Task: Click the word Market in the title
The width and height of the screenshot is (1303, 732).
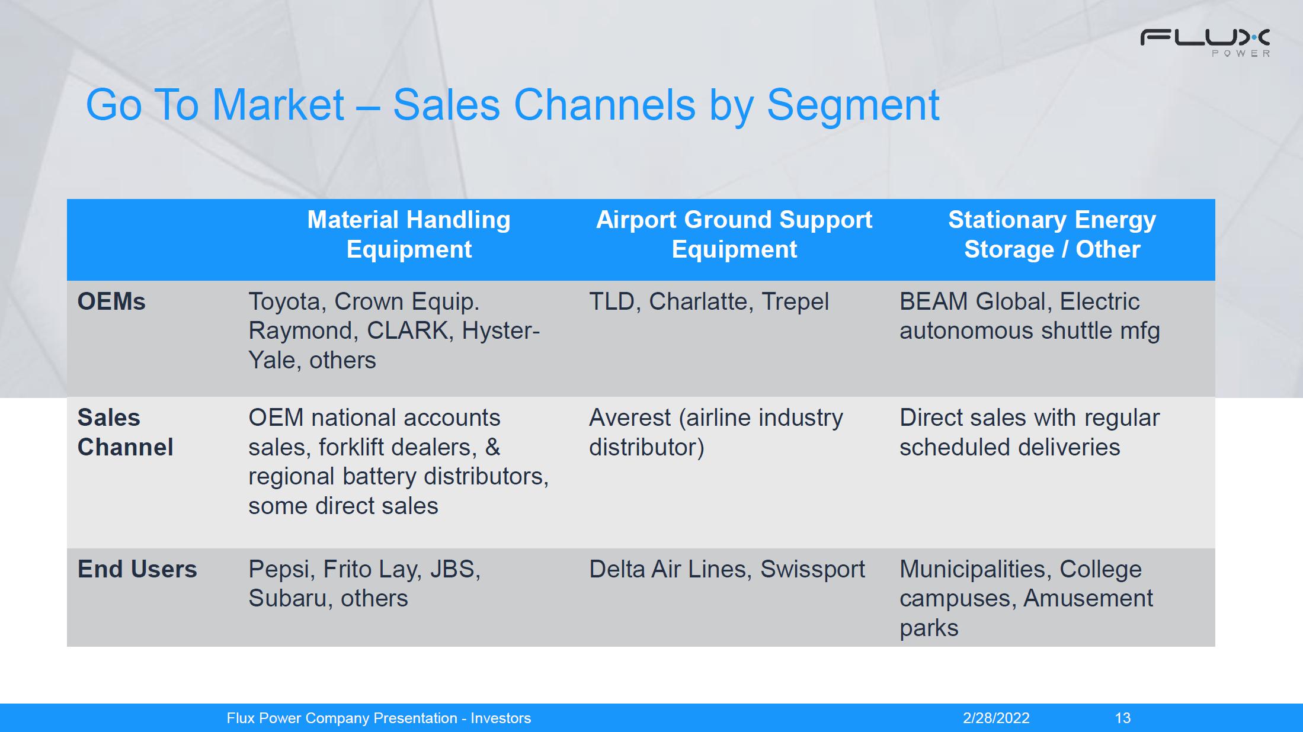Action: click(278, 105)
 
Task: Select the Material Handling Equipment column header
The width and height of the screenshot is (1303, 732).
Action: click(409, 235)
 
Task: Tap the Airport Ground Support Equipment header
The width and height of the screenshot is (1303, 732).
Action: click(734, 235)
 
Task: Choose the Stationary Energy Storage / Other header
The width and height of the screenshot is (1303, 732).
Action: click(1052, 235)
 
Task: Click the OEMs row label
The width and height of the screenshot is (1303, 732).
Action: click(111, 301)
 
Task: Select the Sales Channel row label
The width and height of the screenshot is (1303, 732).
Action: click(126, 432)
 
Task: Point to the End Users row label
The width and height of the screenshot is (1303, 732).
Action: click(137, 569)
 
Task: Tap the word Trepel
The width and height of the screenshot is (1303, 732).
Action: click(795, 302)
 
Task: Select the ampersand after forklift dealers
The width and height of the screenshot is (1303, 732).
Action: click(493, 447)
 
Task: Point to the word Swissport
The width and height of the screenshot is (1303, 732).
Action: click(812, 570)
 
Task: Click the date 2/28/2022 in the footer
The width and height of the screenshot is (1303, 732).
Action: click(996, 718)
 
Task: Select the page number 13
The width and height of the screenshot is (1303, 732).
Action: click(1123, 718)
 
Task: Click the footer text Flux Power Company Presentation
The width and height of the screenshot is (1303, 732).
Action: click(342, 718)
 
